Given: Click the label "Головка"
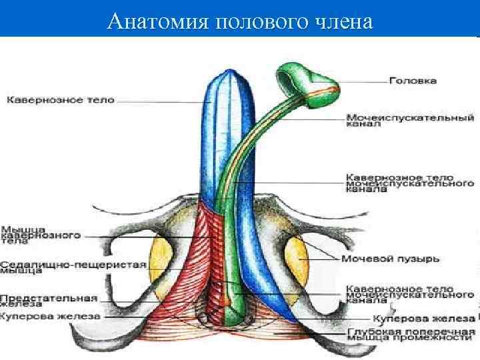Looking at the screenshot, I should click(x=413, y=81).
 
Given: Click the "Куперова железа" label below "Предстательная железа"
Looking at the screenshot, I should click(x=49, y=316).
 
